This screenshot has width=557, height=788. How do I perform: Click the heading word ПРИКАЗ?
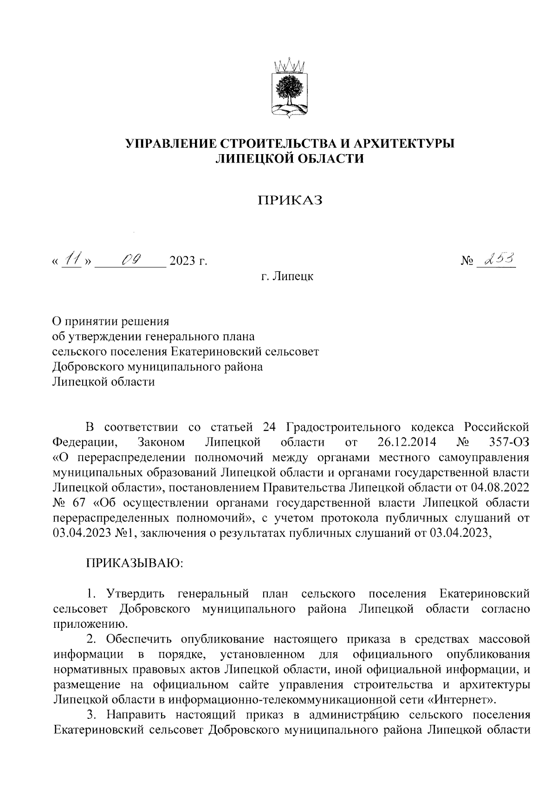click(x=290, y=200)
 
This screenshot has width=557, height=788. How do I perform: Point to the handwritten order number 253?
click(x=499, y=259)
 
